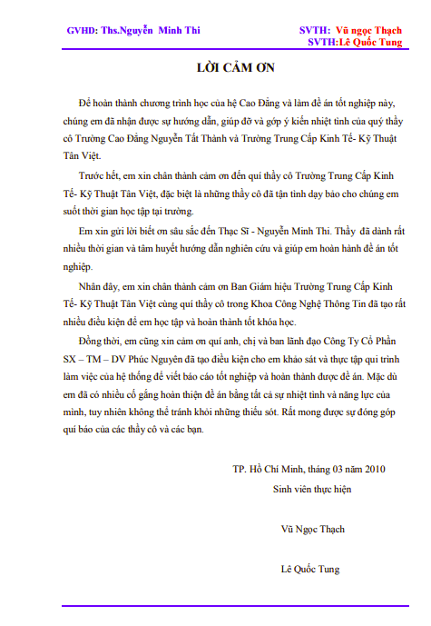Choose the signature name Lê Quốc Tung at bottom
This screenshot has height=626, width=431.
pos(310,570)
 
